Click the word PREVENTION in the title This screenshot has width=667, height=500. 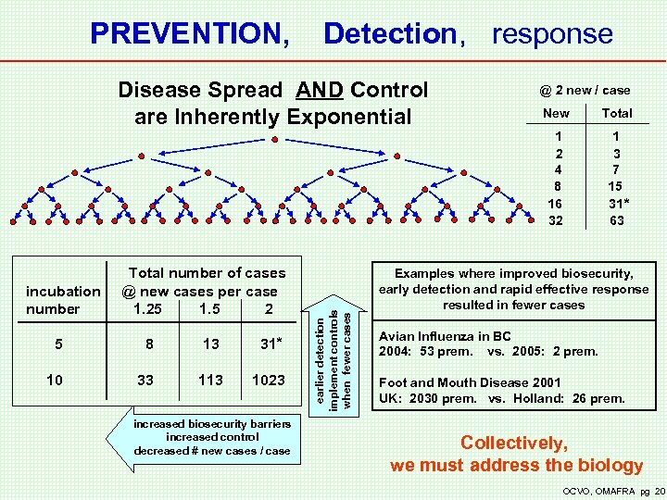(x=189, y=34)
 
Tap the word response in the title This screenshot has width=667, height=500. (x=552, y=34)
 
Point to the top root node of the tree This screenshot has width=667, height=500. (x=275, y=139)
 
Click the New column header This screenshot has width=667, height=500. (x=556, y=113)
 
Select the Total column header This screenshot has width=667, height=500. (x=617, y=113)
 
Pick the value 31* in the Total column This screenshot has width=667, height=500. (x=618, y=204)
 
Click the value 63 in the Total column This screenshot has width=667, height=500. (x=617, y=220)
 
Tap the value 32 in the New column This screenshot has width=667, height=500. (x=556, y=220)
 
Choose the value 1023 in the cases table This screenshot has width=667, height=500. (x=269, y=379)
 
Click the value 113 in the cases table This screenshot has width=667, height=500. (x=211, y=379)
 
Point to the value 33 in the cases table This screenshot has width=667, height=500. (x=145, y=379)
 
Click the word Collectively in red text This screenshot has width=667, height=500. (x=514, y=444)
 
